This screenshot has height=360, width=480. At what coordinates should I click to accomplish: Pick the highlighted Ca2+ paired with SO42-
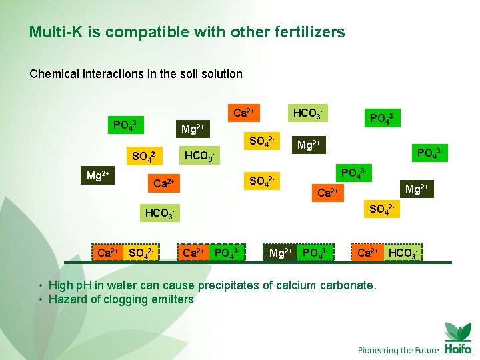[x=108, y=253]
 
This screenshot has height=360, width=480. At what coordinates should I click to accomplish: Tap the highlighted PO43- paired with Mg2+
[x=313, y=253]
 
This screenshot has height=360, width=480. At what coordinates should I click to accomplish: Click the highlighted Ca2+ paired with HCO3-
[x=368, y=253]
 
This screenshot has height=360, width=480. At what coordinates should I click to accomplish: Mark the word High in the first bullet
[x=62, y=285]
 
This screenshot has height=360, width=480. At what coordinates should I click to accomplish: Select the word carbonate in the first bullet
[x=348, y=285]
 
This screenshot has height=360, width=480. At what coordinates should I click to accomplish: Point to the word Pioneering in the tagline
[x=380, y=350]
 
